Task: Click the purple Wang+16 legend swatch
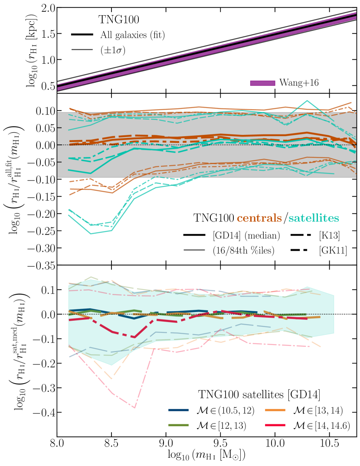click(x=262, y=82)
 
